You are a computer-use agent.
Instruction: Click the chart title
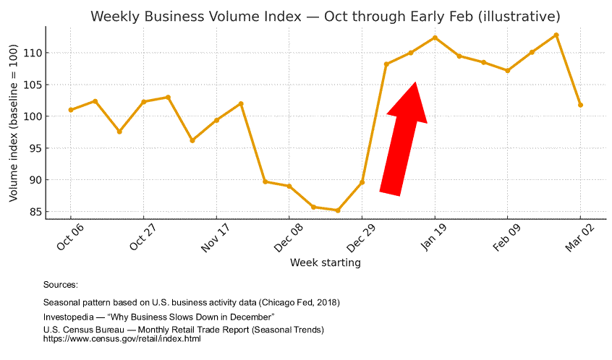(x=325, y=16)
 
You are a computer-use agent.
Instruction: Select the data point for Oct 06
(x=71, y=110)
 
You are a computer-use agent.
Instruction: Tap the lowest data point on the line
(x=338, y=210)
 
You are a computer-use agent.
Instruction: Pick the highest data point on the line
(x=556, y=35)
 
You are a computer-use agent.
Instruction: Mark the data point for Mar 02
(x=581, y=105)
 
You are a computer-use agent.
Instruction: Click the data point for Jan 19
(x=435, y=38)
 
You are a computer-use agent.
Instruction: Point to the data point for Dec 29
(x=362, y=182)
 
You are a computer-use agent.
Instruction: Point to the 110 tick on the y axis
(x=35, y=53)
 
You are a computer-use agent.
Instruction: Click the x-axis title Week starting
(x=325, y=262)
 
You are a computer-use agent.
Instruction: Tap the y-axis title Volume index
(x=14, y=123)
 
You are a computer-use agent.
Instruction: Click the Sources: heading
(x=61, y=286)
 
